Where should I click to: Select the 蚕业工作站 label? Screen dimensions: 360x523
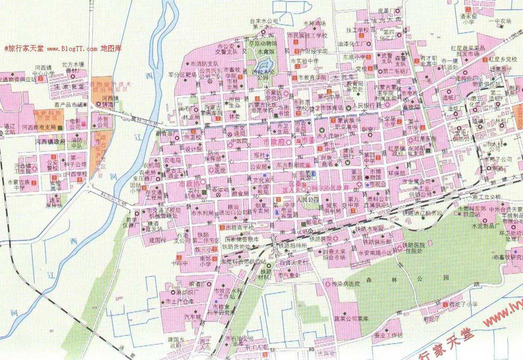tap(387, 335)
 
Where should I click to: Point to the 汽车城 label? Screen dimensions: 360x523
tap(192, 317)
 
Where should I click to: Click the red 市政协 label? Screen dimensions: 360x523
tap(187, 182)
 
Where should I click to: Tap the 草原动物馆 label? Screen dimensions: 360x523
tap(262, 43)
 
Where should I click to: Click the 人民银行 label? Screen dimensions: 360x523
tap(363, 106)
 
